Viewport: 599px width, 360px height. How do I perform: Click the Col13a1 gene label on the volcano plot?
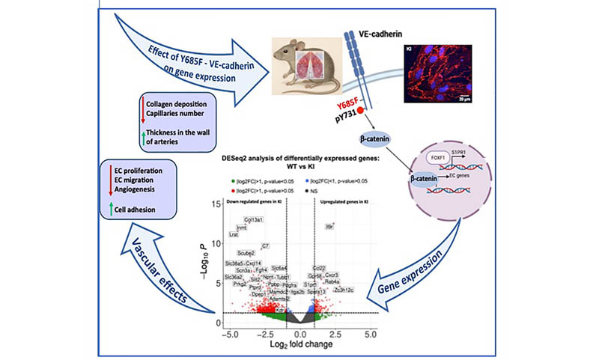pyautogui.click(x=254, y=219)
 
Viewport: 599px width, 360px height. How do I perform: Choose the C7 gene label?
pyautogui.click(x=265, y=245)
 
